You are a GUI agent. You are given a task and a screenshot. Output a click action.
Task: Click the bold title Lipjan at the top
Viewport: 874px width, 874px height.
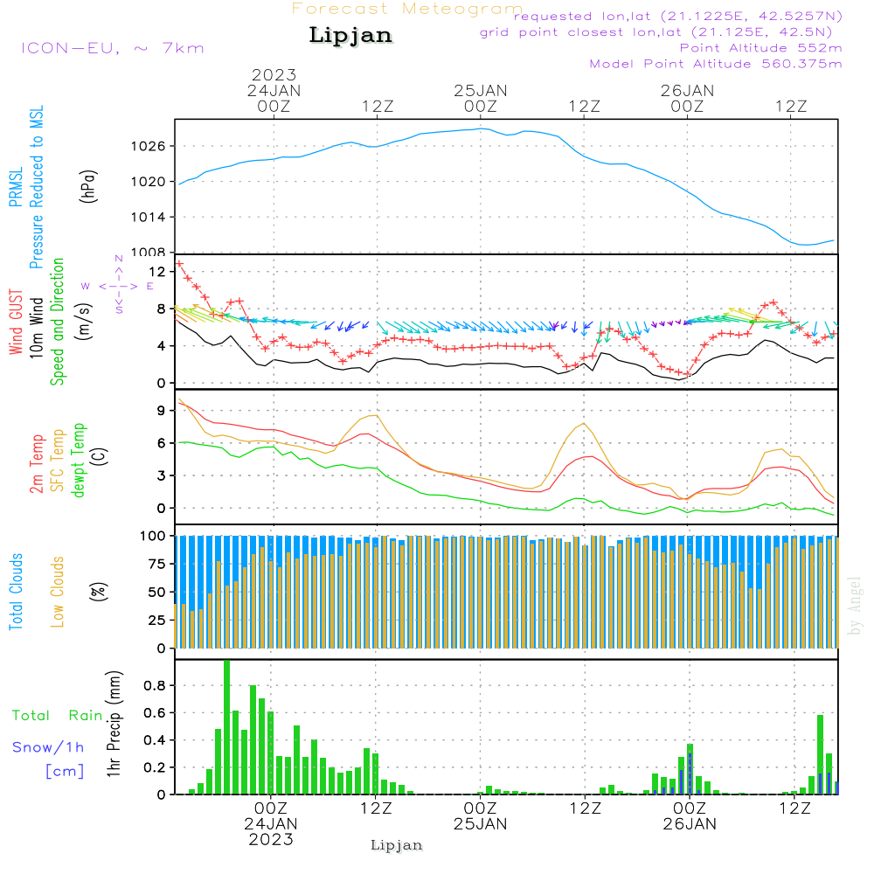pos(350,36)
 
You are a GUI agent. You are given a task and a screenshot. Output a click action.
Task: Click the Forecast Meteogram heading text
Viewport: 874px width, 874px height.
pos(407,9)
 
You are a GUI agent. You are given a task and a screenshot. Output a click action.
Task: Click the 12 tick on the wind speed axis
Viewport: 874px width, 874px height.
pos(158,272)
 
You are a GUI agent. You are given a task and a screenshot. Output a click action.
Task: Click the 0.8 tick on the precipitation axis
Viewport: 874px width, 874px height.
pos(155,686)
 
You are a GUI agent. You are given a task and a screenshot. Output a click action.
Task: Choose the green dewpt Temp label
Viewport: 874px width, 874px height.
pos(80,461)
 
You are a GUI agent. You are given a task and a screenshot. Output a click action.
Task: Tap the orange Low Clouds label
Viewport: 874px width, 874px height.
pos(58,592)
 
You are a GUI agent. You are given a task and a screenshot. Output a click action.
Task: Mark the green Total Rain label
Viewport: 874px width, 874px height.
pos(58,715)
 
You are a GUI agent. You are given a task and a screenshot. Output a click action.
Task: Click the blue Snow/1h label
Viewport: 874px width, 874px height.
pos(49,747)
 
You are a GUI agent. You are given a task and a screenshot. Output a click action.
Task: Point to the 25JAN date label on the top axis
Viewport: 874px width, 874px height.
pos(480,91)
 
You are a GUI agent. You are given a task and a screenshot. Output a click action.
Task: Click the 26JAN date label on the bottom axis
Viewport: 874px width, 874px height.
pos(689,823)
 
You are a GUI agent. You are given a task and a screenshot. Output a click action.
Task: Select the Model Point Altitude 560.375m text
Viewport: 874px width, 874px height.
pos(716,64)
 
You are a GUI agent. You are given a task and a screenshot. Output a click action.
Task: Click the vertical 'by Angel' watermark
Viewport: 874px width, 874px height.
pos(855,606)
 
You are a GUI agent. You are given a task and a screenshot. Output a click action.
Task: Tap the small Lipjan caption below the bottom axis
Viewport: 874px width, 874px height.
pos(397,845)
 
